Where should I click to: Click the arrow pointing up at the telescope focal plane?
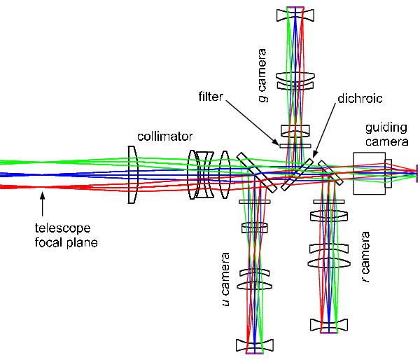point(43,204)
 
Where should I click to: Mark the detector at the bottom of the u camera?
point(254,353)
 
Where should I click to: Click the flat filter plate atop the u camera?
point(254,202)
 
